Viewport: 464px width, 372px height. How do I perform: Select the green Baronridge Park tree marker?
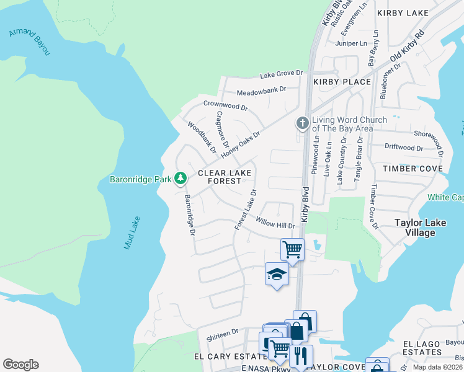click(181, 179)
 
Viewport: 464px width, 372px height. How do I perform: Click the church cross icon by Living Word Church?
click(303, 123)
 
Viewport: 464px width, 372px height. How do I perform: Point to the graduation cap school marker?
click(277, 274)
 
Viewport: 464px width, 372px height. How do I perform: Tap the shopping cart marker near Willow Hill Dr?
click(292, 249)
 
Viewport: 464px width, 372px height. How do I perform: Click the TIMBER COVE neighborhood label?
click(413, 169)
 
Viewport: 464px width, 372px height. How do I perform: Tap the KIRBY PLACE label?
click(342, 82)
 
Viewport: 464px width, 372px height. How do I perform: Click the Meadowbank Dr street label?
click(261, 90)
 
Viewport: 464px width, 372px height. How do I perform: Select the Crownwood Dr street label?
click(225, 105)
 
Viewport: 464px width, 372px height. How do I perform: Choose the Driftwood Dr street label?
click(403, 148)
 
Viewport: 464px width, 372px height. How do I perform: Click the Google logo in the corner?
click(20, 365)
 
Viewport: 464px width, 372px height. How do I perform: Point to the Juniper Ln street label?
click(351, 43)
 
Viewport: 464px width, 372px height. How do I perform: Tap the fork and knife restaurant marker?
click(301, 356)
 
